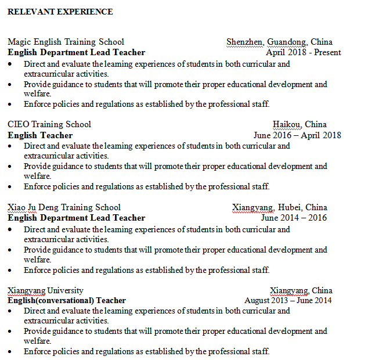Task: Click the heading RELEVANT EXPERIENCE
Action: [x=60, y=12]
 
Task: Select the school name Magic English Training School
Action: [x=66, y=42]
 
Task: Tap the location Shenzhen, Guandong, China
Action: [x=279, y=42]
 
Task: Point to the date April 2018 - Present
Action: [x=303, y=52]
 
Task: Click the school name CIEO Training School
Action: [x=49, y=124]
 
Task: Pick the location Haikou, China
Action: [x=300, y=124]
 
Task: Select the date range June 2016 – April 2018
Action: [x=297, y=135]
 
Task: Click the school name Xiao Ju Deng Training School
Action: [x=64, y=207]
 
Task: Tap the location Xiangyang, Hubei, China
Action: [x=279, y=207]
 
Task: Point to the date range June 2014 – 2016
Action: [x=294, y=218]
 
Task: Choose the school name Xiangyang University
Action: [x=45, y=290]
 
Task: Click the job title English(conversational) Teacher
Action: [x=67, y=300]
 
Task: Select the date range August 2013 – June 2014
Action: [x=288, y=300]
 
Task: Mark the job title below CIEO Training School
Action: [x=40, y=135]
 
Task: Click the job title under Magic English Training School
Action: [x=76, y=52]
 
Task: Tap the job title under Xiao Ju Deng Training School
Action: [x=76, y=218]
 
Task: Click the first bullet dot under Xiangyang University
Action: [x=10, y=311]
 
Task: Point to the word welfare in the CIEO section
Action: [x=38, y=177]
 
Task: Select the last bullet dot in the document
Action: [x=10, y=352]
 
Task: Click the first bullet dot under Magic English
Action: [x=10, y=64]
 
